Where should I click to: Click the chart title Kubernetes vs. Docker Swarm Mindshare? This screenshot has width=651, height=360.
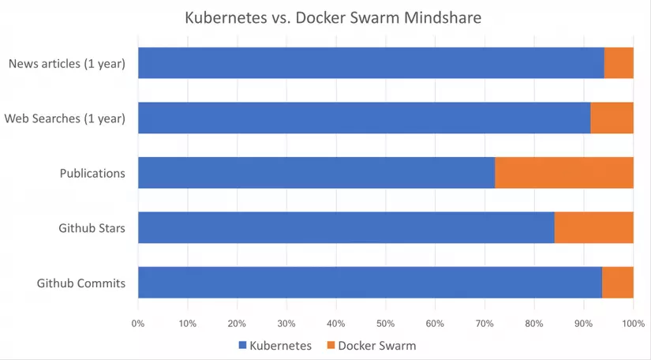(x=332, y=17)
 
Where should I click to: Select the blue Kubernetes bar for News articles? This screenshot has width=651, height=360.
(x=371, y=63)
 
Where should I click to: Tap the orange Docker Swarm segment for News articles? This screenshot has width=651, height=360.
(x=619, y=63)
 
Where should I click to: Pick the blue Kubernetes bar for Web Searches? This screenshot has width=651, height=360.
(x=364, y=118)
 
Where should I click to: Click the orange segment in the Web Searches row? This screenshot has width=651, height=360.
(x=612, y=118)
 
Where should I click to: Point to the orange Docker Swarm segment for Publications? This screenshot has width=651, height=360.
(x=564, y=173)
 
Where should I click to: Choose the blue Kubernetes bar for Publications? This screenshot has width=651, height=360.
(x=316, y=173)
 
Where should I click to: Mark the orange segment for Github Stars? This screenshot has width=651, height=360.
(x=593, y=227)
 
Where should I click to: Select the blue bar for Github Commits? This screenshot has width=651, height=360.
(x=370, y=283)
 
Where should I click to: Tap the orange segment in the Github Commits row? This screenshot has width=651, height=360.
(x=618, y=283)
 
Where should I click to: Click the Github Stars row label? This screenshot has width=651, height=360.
(x=92, y=228)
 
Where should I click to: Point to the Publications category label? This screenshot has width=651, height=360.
(x=92, y=173)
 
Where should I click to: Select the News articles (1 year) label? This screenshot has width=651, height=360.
(x=67, y=63)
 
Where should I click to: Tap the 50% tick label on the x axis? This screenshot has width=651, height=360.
(x=386, y=323)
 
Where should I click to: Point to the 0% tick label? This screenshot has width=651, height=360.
(x=138, y=323)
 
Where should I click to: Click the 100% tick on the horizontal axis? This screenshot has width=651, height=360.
(x=633, y=323)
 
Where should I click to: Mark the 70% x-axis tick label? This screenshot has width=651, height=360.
(x=485, y=323)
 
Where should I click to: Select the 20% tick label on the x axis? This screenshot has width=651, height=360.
(x=238, y=323)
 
